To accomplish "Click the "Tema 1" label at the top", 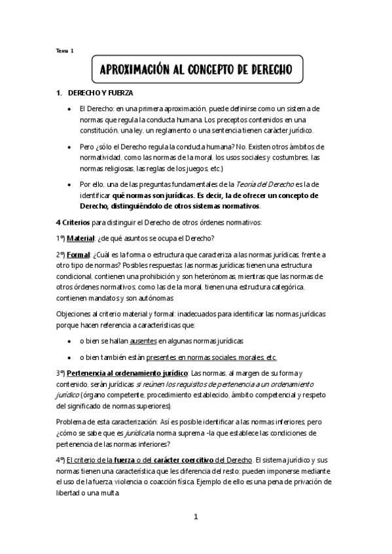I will (x=65, y=51).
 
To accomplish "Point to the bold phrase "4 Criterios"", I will (x=75, y=222).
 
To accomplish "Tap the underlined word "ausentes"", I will (x=143, y=341).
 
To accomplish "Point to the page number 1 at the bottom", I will (x=195, y=517).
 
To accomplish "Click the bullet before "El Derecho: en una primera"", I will (x=70, y=109).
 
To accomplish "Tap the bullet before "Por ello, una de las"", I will (x=70, y=185).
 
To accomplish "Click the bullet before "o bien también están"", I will (x=70, y=357).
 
